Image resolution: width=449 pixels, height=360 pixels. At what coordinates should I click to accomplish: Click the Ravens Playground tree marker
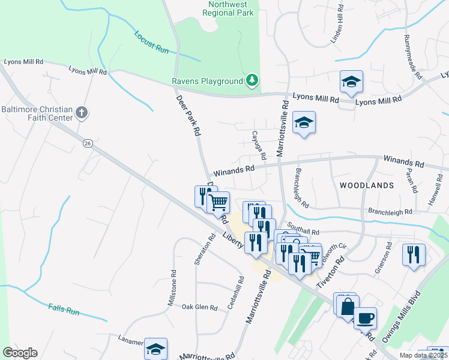point(253,80)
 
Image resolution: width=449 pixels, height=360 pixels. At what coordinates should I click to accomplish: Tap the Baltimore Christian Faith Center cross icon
point(82,112)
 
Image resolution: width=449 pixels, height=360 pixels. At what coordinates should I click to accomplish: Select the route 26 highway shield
point(88,143)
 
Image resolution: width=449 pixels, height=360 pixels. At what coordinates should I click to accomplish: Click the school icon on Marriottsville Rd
point(304,123)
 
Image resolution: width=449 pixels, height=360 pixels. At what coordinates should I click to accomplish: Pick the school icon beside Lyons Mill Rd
point(351,82)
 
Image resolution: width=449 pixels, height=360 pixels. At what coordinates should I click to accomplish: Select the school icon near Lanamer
point(155,349)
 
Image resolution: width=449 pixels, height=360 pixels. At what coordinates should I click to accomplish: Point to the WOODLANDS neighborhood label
point(367,185)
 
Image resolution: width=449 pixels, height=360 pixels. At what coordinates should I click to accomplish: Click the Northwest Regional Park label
point(232,8)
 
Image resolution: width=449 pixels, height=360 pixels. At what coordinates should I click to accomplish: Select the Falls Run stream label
point(64,311)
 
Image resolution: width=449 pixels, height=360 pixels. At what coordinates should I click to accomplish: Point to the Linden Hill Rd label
point(337,25)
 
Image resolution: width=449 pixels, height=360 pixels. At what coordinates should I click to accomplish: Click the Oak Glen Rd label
point(199,307)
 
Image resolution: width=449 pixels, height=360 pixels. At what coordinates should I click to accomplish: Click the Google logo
point(20,353)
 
